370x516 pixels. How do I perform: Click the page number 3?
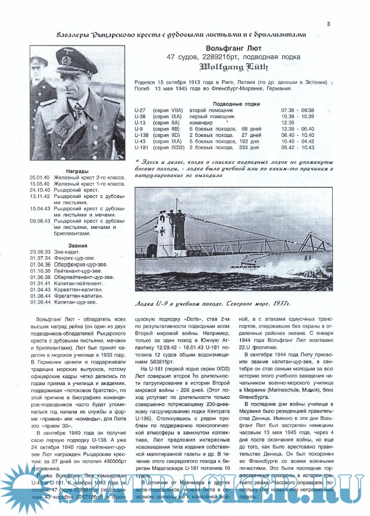pos(329,24)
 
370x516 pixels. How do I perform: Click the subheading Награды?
pos(77,171)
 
